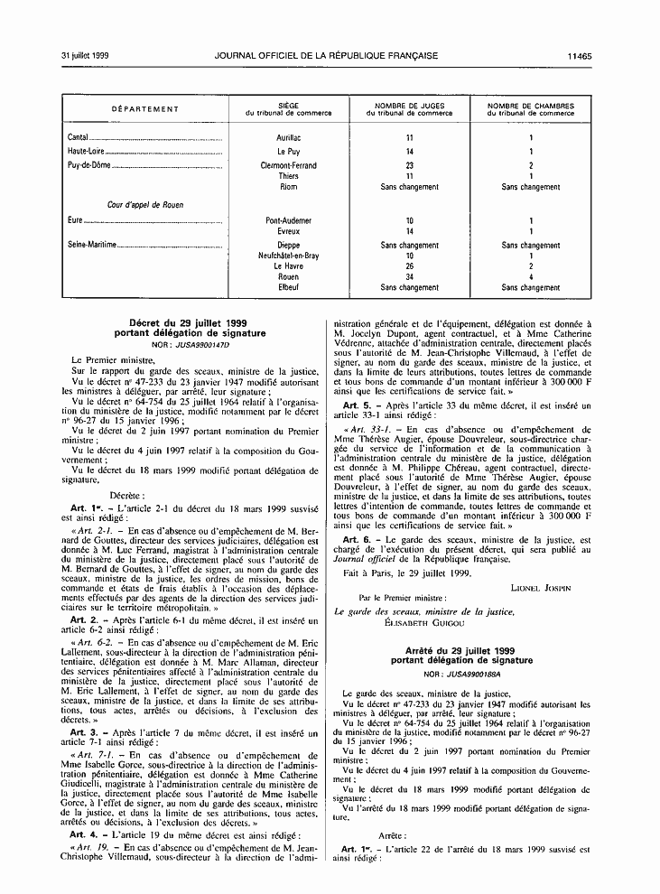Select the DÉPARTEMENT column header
coord(145,109)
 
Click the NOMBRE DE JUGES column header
coord(409,106)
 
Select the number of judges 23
coord(409,166)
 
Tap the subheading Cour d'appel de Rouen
coord(146,205)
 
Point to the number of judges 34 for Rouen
coord(409,277)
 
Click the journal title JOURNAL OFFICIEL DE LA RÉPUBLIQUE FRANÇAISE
coord(327,56)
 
